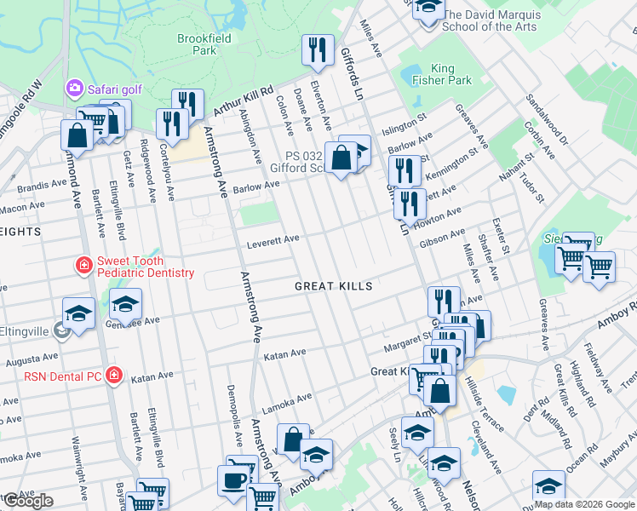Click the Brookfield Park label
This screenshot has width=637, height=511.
coord(198,44)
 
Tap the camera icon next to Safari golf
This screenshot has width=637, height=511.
coord(75,88)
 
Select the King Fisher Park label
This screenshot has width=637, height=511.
coord(450,74)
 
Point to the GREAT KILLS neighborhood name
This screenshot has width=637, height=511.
coord(333,286)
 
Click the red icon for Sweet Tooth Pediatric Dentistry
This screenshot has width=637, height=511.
coord(83,267)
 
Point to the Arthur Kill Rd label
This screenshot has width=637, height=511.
coord(244,100)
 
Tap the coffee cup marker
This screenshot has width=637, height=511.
coord(234,481)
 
